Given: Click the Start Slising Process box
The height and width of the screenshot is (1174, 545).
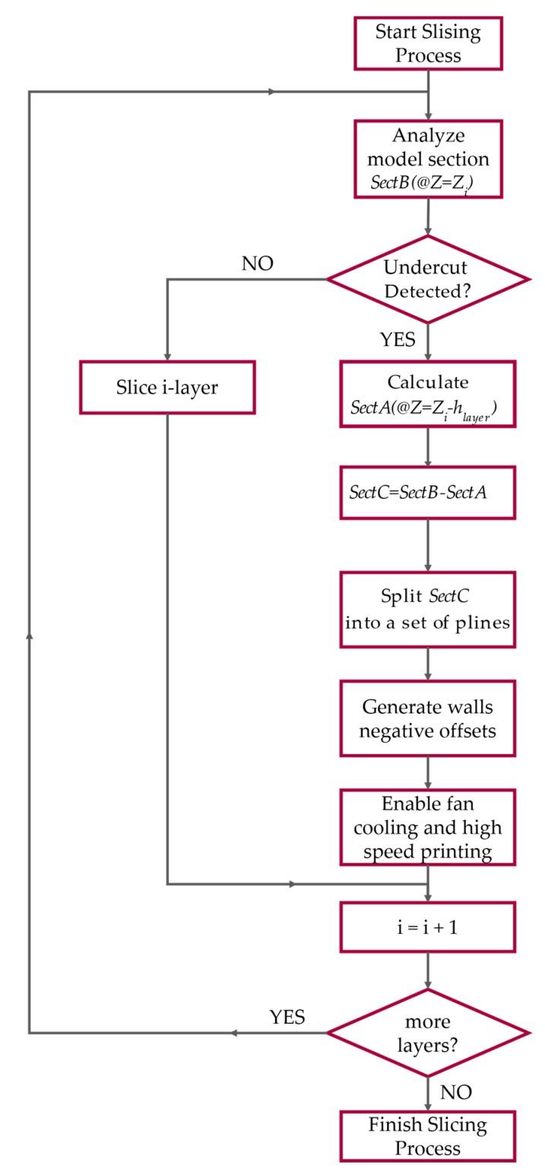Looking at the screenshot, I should point(428,43).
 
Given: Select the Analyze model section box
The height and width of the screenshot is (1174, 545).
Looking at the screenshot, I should point(428,159).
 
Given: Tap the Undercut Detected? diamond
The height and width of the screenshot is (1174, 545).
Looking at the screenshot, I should point(428,279).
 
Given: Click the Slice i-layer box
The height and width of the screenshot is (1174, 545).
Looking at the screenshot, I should point(167,387).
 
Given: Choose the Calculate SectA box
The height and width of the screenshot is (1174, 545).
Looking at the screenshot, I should point(428,394).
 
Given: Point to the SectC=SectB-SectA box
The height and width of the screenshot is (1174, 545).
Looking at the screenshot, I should point(428,492).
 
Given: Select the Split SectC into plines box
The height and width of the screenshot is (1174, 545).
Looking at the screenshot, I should point(428,609).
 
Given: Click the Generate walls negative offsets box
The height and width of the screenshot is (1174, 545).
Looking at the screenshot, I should point(428,718).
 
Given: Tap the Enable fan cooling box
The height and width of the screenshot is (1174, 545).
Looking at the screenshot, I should point(428,827).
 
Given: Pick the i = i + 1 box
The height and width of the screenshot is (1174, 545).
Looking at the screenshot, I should point(428,926).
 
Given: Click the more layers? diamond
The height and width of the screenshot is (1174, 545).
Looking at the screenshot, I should point(428,1032).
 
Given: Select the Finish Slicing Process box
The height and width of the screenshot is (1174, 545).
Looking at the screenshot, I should point(428,1136).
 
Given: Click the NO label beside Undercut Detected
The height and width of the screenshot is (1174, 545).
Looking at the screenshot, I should point(257,264).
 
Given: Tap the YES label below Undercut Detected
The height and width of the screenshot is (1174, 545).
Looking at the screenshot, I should point(398,339).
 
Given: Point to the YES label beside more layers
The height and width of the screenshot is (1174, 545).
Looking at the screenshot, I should point(287,1017).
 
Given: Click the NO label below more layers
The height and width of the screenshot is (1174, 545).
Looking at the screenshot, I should point(456,1092).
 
